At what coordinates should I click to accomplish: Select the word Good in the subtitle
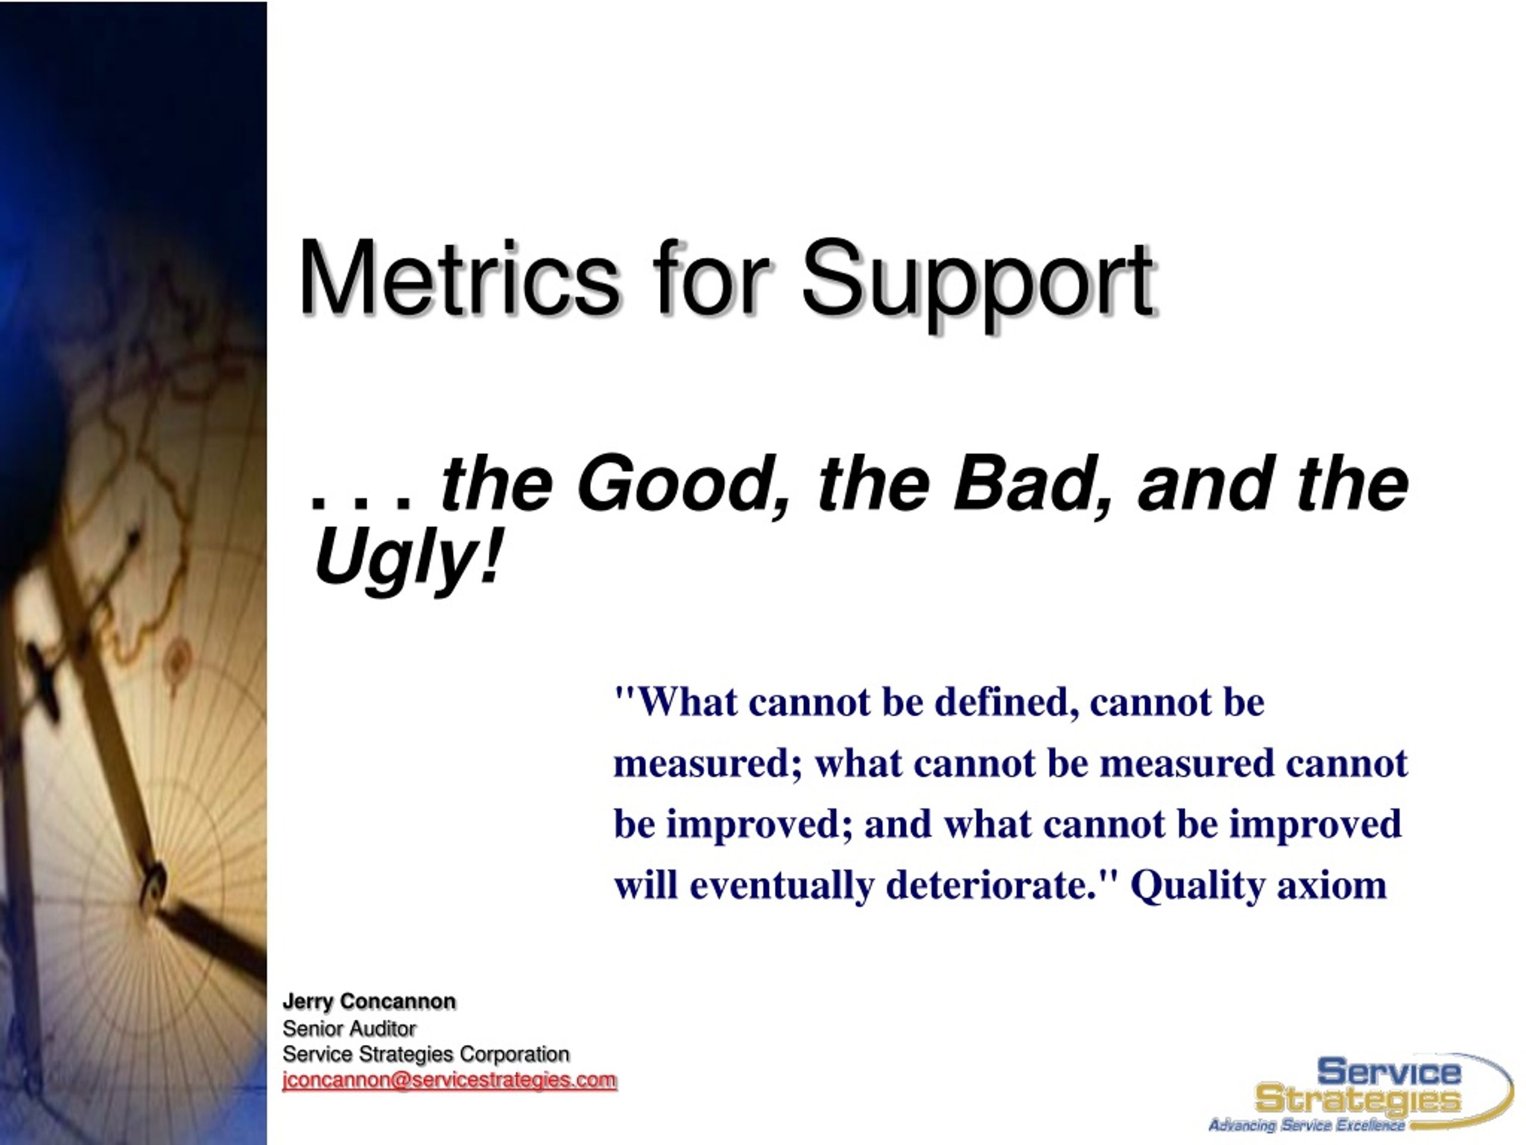click(683, 486)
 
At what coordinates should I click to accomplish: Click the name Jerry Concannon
click(369, 1002)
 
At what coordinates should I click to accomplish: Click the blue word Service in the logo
click(1389, 1072)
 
